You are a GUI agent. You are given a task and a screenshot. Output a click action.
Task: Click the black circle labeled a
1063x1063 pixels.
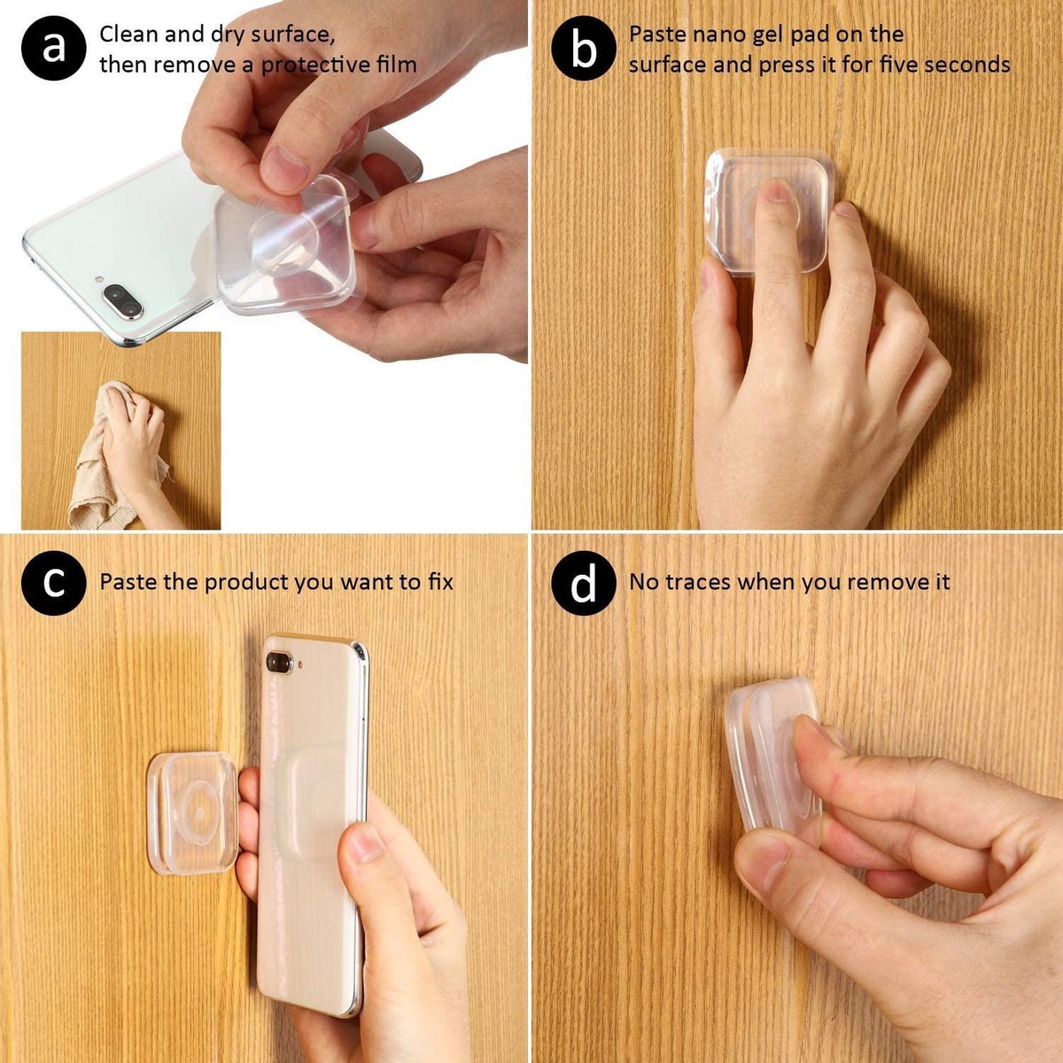pyautogui.click(x=52, y=48)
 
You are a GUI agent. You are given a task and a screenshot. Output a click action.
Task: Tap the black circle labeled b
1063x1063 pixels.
pyautogui.click(x=583, y=48)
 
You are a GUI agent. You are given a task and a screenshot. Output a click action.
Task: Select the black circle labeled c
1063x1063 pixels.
pyautogui.click(x=52, y=583)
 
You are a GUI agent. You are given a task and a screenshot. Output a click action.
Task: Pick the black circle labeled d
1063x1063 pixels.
pyautogui.click(x=583, y=584)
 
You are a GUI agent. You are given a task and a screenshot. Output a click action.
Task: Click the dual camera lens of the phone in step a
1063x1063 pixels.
pyautogui.click(x=122, y=301)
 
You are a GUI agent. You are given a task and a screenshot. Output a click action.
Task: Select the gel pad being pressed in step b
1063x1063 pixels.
pyautogui.click(x=769, y=211)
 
